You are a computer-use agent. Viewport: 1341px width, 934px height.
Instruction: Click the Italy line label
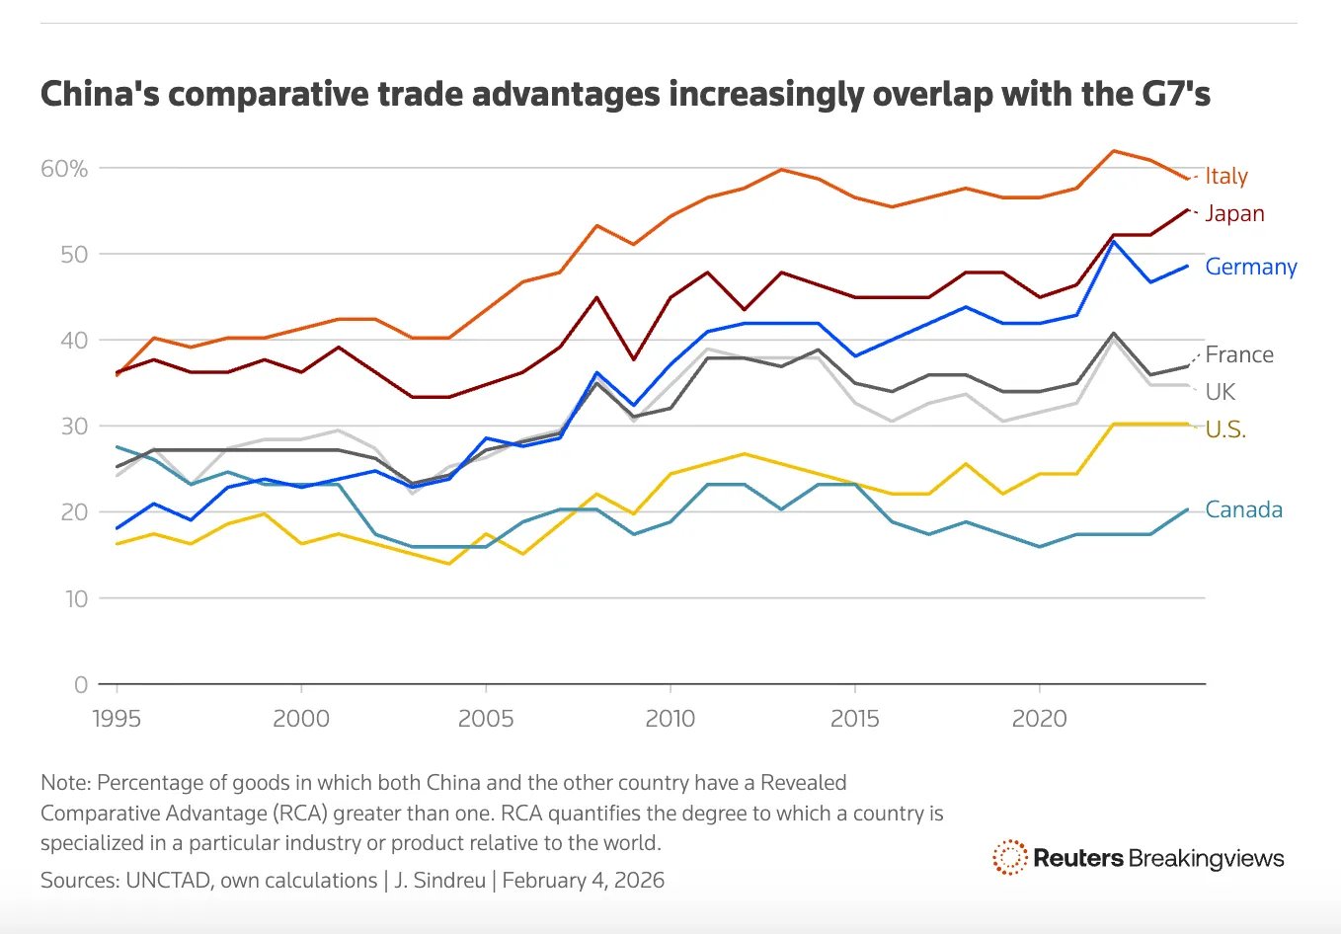pos(1225,177)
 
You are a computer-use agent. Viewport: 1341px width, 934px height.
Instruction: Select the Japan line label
pos(1233,214)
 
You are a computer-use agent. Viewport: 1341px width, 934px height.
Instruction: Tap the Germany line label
pos(1250,268)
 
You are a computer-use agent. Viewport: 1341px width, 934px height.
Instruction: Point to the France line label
pos(1238,355)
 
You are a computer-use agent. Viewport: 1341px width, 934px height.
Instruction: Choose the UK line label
pos(1220,392)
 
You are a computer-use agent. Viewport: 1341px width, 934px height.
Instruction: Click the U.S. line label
pos(1224,429)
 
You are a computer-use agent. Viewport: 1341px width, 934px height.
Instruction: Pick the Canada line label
pos(1243,510)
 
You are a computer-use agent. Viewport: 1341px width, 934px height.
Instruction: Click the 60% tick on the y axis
pos(64,169)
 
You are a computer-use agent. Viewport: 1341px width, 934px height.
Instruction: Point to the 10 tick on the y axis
pos(76,598)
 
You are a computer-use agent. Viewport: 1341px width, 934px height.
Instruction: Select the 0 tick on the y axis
pos(81,684)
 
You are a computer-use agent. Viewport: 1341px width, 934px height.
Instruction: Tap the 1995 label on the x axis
pos(117,719)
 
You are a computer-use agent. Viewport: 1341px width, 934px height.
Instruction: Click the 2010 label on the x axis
pos(670,719)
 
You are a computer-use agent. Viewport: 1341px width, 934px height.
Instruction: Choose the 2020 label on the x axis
pos(1039,719)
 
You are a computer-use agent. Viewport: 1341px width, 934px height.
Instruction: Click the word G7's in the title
pos(1175,95)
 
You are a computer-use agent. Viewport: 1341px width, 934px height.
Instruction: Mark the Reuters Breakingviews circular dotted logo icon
pos(1009,858)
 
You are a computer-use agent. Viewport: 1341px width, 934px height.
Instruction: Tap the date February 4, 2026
pos(583,880)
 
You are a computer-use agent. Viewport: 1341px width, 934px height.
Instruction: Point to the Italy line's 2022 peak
pos(1114,151)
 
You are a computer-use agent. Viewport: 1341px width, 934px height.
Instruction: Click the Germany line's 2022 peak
pos(1114,241)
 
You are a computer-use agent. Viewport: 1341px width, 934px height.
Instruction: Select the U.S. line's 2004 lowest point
pos(449,564)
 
